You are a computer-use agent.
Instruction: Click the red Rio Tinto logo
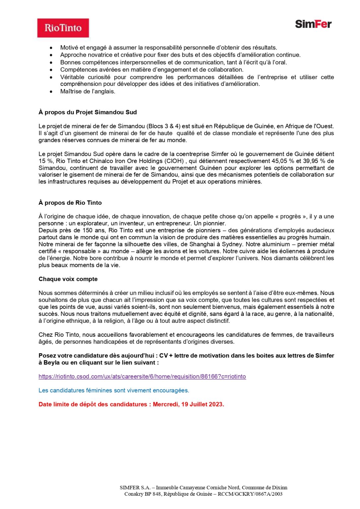pos(63,28)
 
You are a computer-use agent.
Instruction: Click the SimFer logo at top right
pos(313,24)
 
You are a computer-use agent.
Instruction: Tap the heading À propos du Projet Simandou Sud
pos(88,112)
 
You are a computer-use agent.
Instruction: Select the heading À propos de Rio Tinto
pos(70,203)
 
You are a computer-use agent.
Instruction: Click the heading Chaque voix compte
pos(68,279)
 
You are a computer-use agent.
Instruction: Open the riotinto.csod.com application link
pos(142,376)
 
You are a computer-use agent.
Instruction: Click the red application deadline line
pos(131,404)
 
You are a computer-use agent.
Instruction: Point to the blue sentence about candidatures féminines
pos(114,390)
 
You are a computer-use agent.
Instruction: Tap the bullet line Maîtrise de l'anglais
pos(88,91)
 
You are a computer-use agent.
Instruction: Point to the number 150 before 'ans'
pos(88,230)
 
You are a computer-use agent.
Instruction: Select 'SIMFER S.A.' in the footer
pos(135,487)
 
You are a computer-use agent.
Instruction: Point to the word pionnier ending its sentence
pos(214,223)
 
